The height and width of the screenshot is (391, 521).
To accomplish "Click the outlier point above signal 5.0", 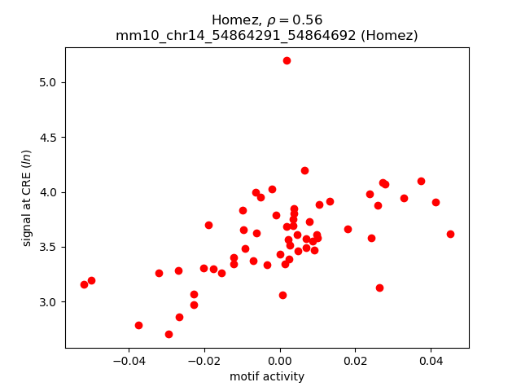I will (287, 60).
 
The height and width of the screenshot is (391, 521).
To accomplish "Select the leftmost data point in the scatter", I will (84, 284).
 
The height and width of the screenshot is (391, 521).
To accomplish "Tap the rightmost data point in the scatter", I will (450, 234).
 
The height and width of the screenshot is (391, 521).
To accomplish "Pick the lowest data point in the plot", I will (169, 334).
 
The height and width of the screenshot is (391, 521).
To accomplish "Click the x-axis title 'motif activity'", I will (267, 376).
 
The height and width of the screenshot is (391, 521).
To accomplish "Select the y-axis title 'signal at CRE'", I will (27, 198).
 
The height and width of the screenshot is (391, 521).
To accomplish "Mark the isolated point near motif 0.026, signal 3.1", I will (379, 288).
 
